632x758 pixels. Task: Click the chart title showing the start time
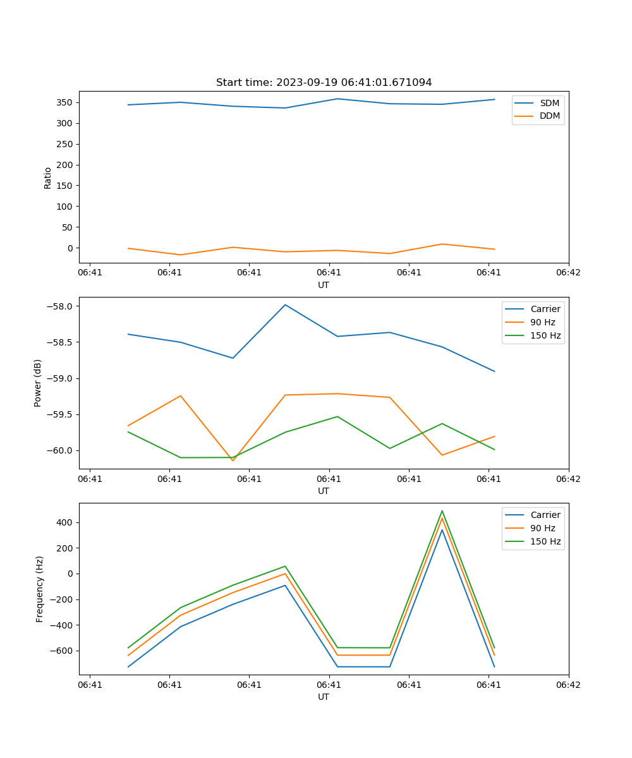[x=324, y=83]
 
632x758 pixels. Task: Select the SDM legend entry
[x=549, y=103]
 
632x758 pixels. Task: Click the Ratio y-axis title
[x=48, y=177]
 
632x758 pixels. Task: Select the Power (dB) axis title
[x=39, y=383]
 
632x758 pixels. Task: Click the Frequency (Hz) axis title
[x=40, y=589]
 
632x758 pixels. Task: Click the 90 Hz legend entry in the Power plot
[x=542, y=322]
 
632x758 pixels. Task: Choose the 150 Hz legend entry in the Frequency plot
[x=545, y=541]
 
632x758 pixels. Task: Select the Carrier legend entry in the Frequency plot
[x=545, y=515]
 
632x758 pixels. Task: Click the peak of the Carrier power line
[x=285, y=305]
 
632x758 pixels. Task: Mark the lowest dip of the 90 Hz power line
[x=233, y=460]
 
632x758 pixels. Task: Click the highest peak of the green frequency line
[x=442, y=511]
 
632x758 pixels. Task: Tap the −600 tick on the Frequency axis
[x=64, y=651]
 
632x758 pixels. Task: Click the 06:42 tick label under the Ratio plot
[x=568, y=273]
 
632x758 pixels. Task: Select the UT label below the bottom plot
[x=324, y=697]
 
